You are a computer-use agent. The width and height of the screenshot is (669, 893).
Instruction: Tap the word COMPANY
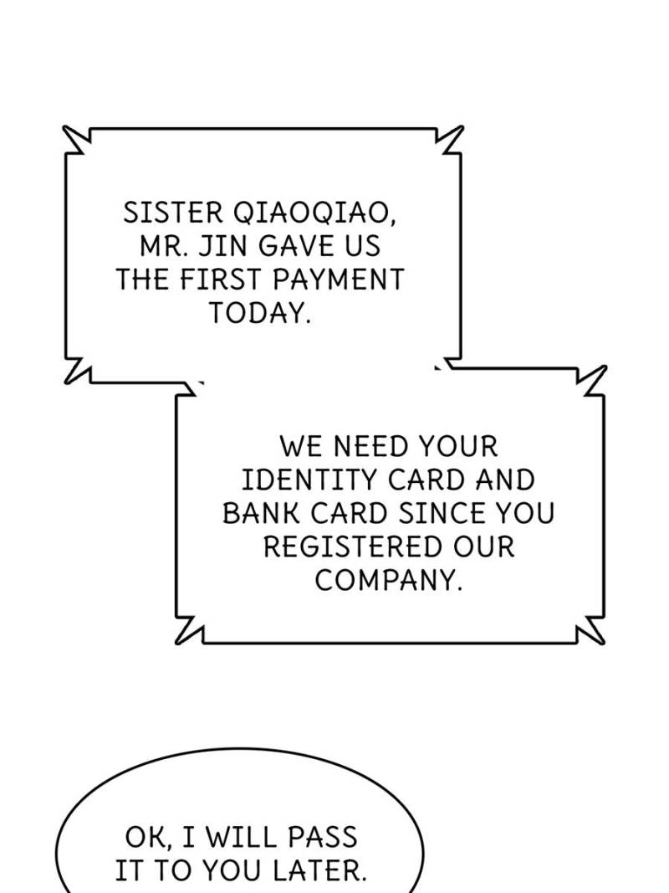point(388,580)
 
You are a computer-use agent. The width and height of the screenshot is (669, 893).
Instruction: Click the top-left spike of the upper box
point(64,126)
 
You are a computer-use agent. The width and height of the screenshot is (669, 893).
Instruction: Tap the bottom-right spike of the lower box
point(603,644)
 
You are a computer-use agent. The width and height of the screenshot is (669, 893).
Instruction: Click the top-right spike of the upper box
point(462,126)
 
